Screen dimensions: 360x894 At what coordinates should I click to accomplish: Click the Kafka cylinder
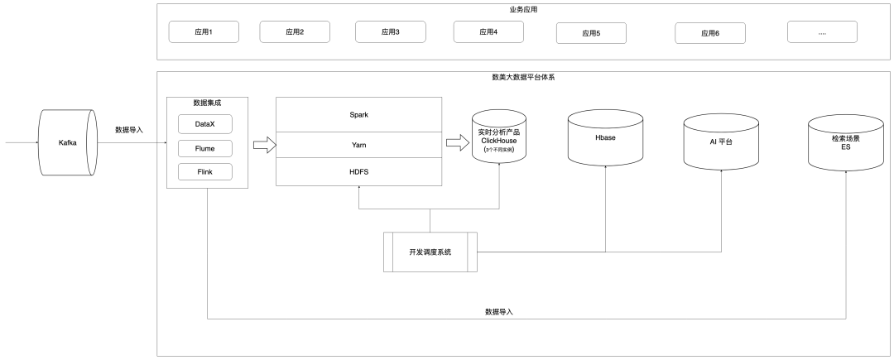click(x=68, y=142)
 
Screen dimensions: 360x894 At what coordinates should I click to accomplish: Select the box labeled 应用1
click(x=204, y=32)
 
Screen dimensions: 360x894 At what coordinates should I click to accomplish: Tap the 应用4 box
click(x=488, y=32)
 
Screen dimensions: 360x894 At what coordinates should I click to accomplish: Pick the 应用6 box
click(x=709, y=33)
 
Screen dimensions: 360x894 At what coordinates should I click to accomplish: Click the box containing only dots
click(x=822, y=32)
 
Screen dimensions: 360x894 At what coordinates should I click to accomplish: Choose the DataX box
click(x=205, y=124)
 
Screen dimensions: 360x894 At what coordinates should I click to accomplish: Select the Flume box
click(x=205, y=149)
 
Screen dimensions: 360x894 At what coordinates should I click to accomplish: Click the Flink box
click(x=205, y=173)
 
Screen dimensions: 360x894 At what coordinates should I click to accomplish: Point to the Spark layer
click(x=358, y=114)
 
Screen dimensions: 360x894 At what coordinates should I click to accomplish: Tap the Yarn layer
click(x=358, y=144)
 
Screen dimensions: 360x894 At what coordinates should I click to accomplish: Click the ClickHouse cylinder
click(x=499, y=137)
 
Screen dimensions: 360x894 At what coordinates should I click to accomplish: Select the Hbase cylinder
click(x=605, y=137)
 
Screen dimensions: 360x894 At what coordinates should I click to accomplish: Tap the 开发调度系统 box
click(x=430, y=252)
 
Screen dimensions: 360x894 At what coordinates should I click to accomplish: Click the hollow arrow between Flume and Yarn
click(x=263, y=145)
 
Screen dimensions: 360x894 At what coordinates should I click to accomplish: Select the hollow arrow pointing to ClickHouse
click(x=457, y=143)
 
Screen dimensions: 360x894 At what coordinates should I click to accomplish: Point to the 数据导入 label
click(x=501, y=312)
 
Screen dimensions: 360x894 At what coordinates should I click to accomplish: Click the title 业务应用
click(x=525, y=10)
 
